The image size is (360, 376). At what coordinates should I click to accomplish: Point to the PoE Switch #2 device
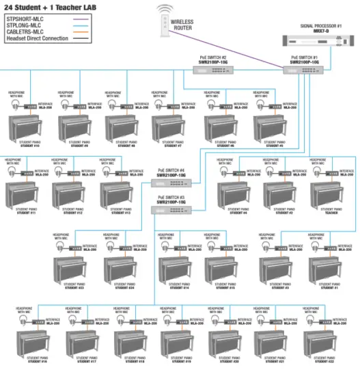(x=209, y=69)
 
